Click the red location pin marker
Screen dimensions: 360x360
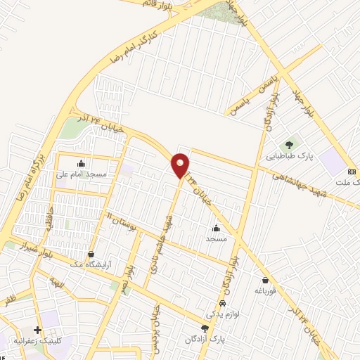click(181, 165)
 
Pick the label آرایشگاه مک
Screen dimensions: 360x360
click(91, 264)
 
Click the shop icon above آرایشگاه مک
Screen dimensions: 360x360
click(91, 254)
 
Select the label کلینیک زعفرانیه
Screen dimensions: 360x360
click(57, 340)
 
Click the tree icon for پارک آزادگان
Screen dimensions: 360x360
click(205, 329)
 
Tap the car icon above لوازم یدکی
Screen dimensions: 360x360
click(223, 303)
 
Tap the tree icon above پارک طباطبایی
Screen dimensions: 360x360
click(289, 146)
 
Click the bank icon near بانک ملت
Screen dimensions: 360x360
click(352, 172)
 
